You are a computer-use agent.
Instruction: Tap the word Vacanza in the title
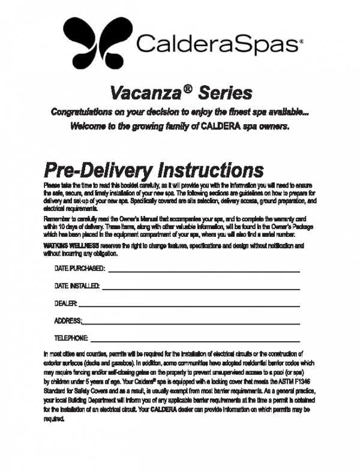(145, 93)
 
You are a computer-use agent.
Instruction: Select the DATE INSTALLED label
(77, 287)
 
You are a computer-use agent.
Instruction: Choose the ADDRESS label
(68, 321)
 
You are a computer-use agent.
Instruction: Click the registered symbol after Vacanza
(188, 88)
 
